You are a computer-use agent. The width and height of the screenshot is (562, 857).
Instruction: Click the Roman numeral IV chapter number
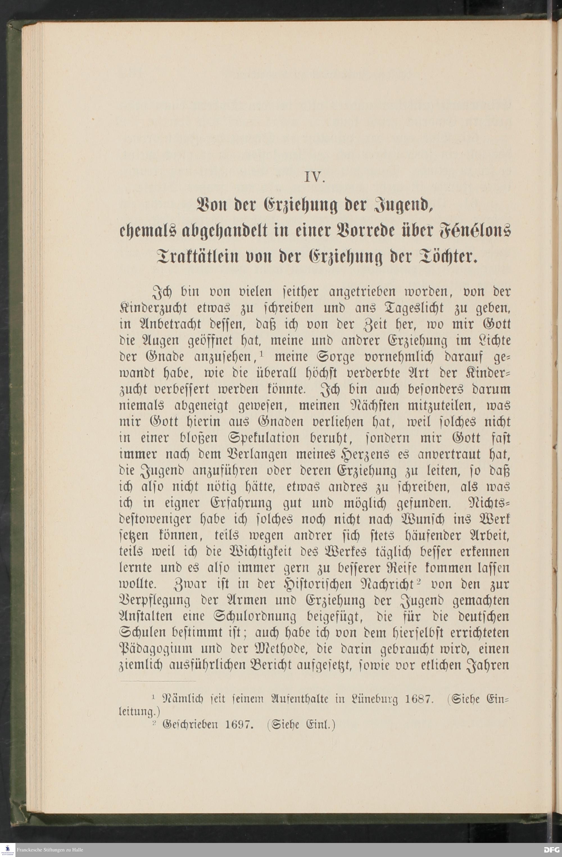click(315, 178)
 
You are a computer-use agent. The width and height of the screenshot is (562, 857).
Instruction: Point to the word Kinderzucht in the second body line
click(155, 309)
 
